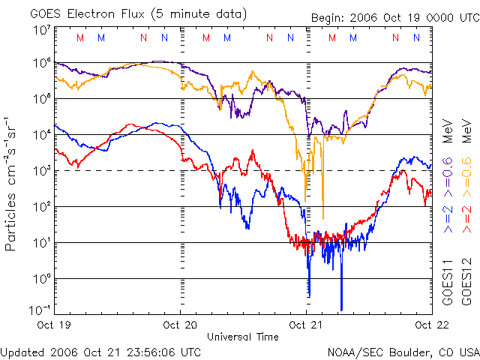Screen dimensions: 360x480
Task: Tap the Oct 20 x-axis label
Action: pyautogui.click(x=181, y=325)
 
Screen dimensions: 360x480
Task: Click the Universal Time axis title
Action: pyautogui.click(x=242, y=337)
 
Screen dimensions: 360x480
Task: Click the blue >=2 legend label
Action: pyautogui.click(x=448, y=214)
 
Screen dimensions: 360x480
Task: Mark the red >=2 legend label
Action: pyautogui.click(x=466, y=214)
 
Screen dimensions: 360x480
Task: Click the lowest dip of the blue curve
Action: pyautogui.click(x=341, y=308)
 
